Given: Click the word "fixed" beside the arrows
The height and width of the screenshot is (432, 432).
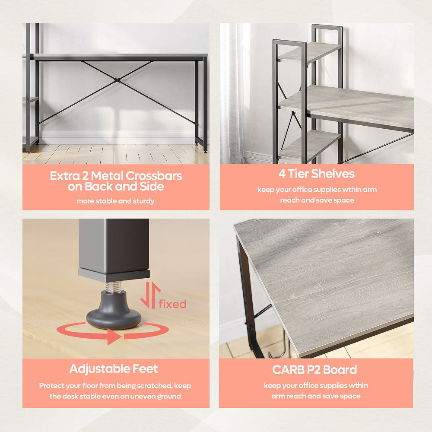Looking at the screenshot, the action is pyautogui.click(x=172, y=304).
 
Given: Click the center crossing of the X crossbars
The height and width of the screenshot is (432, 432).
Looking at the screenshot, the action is pyautogui.click(x=118, y=80).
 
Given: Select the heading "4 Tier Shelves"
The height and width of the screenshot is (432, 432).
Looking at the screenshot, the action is pyautogui.click(x=316, y=174).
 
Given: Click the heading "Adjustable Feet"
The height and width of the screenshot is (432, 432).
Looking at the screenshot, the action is pyautogui.click(x=114, y=368).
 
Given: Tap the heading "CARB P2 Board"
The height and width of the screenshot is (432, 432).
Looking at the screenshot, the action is pyautogui.click(x=314, y=370).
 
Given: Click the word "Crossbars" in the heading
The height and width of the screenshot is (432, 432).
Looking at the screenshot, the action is pyautogui.click(x=154, y=176).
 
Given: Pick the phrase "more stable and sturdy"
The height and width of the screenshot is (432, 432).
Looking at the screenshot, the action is pyautogui.click(x=115, y=201).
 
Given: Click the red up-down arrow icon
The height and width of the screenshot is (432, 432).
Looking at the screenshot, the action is pyautogui.click(x=150, y=295).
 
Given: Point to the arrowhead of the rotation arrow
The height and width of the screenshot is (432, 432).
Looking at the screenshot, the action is pyautogui.click(x=114, y=337).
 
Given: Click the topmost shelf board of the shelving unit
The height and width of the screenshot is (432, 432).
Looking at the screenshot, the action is pyautogui.click(x=310, y=52).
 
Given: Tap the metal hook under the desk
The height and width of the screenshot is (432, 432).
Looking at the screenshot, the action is pyautogui.click(x=282, y=345).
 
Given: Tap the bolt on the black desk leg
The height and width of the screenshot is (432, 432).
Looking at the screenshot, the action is pyautogui.click(x=251, y=328).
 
